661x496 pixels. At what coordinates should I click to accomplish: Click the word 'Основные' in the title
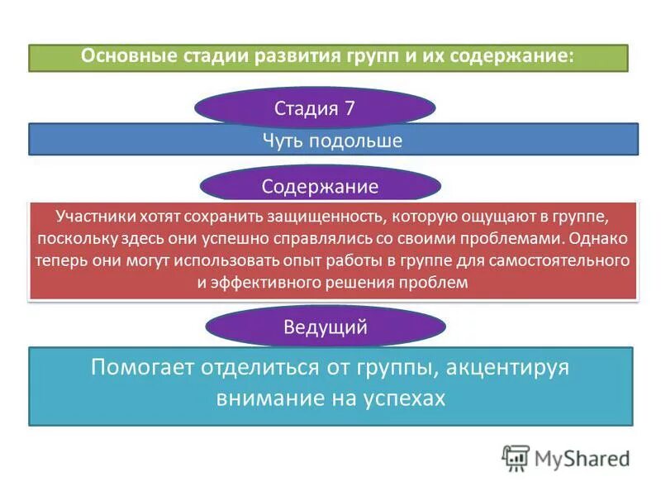coord(122,57)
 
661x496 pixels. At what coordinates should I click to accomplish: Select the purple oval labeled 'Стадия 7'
coord(314,108)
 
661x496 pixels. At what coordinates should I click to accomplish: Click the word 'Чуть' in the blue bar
coord(283,141)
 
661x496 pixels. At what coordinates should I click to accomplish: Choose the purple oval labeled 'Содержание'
coord(320,186)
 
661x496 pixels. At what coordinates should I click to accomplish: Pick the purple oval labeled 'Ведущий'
coord(325,327)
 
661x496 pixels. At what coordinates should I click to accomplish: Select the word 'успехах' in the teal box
coord(405,398)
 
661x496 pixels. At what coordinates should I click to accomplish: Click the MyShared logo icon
coord(516,458)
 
